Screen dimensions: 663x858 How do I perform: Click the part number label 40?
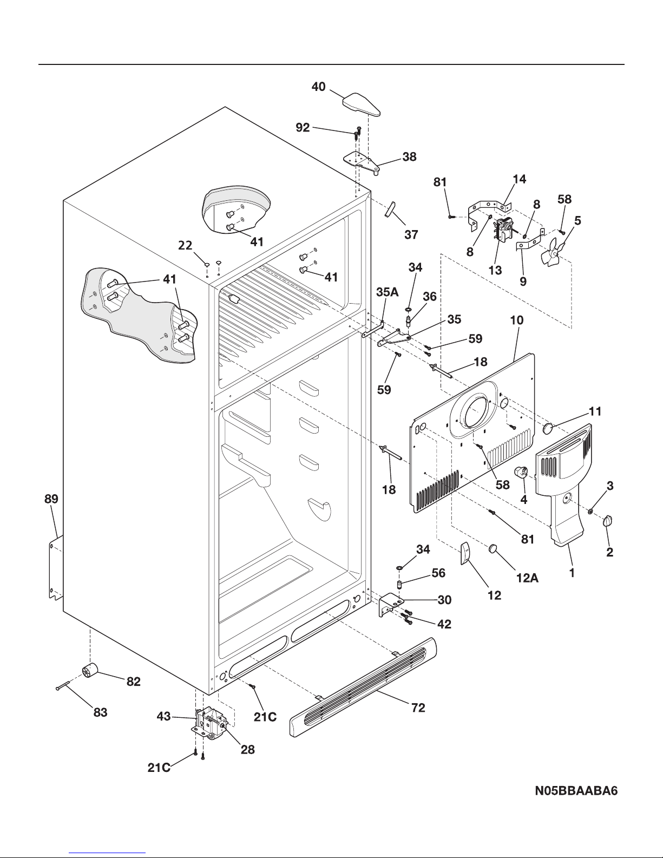point(318,87)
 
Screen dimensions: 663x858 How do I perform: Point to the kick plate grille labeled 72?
point(363,687)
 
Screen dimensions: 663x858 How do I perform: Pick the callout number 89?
point(51,499)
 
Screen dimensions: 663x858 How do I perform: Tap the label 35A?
point(387,292)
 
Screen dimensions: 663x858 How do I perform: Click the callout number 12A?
point(527,578)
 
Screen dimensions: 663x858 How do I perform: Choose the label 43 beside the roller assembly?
point(164,716)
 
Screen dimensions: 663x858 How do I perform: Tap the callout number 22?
point(185,245)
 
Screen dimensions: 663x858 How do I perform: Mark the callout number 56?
point(438,573)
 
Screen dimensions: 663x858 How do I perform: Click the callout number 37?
point(411,234)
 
